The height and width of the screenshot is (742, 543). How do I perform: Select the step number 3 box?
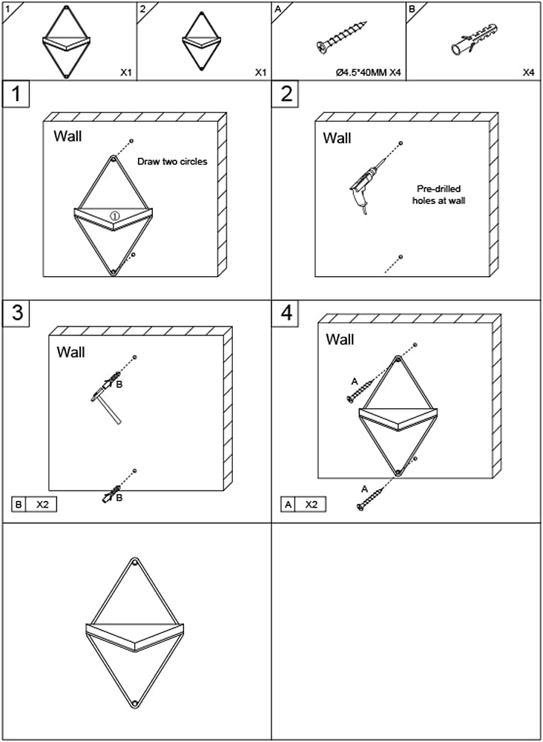coord(16,313)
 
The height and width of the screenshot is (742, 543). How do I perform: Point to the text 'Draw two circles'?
coord(172,161)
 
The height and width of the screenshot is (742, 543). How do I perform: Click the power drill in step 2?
coord(365,185)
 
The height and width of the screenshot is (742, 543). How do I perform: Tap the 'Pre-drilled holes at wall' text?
coord(438,194)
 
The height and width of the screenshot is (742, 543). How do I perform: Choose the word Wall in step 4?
coord(340,339)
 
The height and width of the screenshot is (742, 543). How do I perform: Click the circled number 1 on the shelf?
coord(115,215)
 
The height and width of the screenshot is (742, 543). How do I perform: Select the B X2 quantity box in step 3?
coord(34,505)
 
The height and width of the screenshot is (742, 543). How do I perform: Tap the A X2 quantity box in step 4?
coord(303,505)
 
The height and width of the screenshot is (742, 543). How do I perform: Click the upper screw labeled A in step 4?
coord(361,391)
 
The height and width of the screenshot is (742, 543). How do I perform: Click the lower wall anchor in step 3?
coord(109,494)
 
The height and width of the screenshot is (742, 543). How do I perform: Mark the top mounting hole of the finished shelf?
coord(135,563)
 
